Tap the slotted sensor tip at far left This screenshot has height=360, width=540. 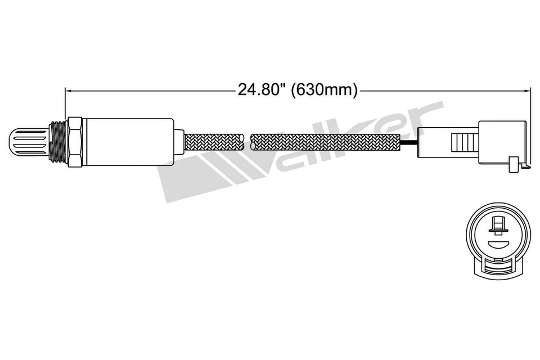[x=29, y=142]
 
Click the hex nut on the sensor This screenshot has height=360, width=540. [x=75, y=142]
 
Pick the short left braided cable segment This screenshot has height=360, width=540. [x=214, y=141]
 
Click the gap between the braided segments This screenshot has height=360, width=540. [x=247, y=141]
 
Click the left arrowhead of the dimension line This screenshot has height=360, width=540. [x=69, y=90]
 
